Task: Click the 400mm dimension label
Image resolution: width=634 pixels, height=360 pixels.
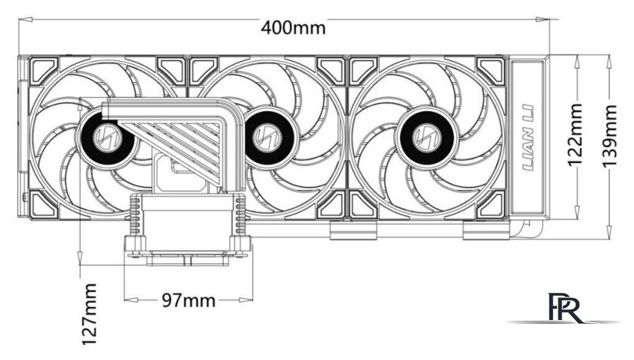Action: (293, 27)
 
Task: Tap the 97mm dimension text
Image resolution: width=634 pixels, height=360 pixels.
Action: (189, 300)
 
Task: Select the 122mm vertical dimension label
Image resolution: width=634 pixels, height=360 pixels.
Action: (574, 135)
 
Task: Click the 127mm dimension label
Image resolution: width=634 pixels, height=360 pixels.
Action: (90, 314)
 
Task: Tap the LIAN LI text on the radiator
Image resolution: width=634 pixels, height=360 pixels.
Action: (529, 137)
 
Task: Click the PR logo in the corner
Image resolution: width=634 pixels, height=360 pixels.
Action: (565, 308)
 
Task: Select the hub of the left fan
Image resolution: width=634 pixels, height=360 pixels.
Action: (106, 137)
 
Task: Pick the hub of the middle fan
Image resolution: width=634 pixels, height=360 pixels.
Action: (267, 137)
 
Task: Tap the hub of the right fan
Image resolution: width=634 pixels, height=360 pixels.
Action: (426, 137)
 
